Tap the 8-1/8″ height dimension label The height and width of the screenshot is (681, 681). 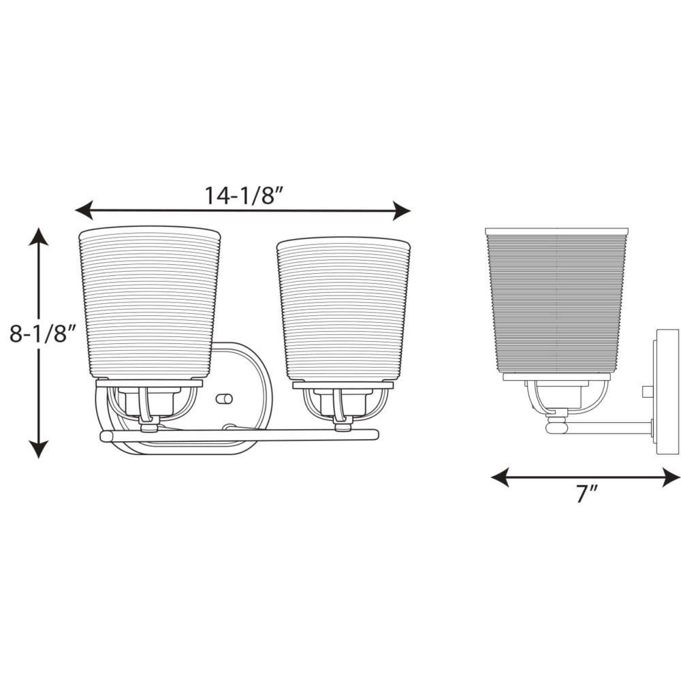43,334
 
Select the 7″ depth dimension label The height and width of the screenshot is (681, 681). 587,494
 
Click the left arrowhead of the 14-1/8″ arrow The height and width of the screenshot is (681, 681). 84,210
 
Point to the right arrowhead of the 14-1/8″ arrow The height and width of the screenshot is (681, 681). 402,210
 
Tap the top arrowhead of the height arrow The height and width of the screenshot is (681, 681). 39,237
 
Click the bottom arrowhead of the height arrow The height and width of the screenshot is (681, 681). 39,449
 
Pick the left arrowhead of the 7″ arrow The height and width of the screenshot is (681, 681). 500,477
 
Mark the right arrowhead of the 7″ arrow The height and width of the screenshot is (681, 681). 671,477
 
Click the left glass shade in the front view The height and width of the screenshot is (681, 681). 149,302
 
